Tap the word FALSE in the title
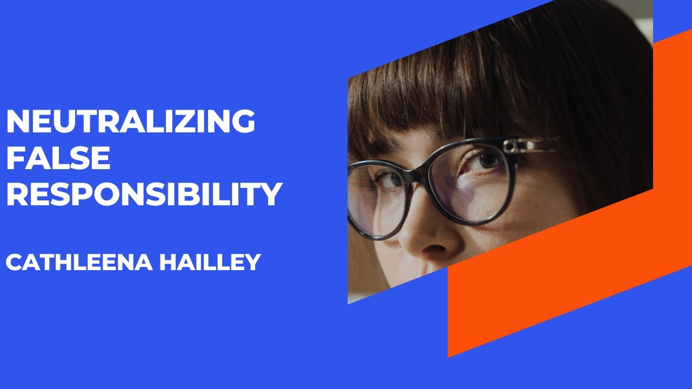(58, 158)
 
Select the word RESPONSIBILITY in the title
(144, 194)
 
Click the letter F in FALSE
(16, 158)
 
